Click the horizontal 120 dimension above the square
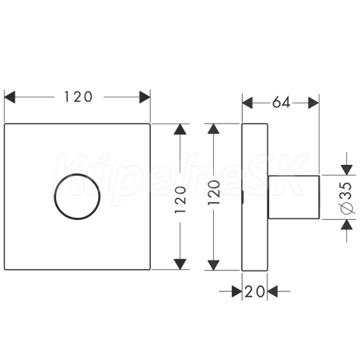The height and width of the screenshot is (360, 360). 77,97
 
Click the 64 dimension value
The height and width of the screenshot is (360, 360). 281,103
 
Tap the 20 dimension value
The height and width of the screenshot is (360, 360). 254,292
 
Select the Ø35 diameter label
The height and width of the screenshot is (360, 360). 347,198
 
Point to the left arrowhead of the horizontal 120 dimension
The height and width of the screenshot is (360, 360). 9,97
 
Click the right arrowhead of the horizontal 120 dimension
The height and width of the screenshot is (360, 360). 145,97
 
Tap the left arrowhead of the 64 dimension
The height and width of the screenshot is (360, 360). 247,103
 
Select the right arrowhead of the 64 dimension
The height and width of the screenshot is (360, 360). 313,103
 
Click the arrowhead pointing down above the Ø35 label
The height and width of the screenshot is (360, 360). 347,170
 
